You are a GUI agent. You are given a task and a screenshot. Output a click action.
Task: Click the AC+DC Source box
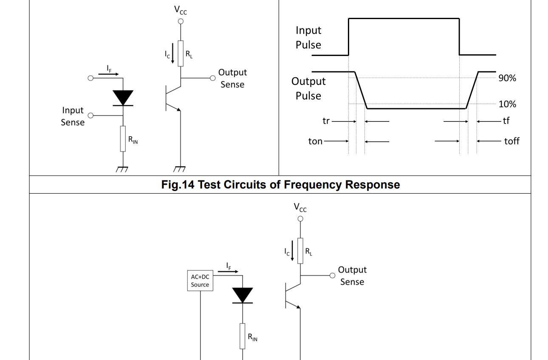[x=200, y=281]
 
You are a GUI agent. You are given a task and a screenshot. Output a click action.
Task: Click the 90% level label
[x=507, y=78]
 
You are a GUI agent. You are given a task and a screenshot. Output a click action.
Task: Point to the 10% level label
[x=507, y=104]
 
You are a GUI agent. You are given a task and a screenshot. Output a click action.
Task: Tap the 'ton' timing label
[x=315, y=141]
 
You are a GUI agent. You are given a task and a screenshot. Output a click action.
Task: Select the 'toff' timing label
[x=511, y=141]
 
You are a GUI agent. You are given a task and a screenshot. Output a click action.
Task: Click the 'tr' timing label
[x=326, y=121]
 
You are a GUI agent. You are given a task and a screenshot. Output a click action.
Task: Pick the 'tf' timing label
[x=506, y=121]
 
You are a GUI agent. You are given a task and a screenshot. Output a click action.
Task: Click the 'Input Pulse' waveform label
[x=308, y=37]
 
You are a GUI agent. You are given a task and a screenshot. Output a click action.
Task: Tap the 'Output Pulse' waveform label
[x=308, y=88]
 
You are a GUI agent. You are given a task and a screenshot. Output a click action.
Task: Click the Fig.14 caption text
[x=280, y=185]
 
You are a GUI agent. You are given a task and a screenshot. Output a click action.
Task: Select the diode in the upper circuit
[x=123, y=98]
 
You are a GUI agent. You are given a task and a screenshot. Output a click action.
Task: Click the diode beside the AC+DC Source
[x=243, y=295]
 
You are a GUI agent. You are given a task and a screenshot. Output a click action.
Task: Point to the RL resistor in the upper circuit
[x=181, y=53]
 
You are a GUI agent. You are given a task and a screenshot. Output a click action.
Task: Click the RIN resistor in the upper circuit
[x=123, y=138]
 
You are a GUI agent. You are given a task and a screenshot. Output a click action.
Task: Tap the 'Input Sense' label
[x=73, y=116]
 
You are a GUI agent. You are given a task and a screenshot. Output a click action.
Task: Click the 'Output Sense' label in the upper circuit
[x=232, y=79]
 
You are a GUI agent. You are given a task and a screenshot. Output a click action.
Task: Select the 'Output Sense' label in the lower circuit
[x=352, y=276]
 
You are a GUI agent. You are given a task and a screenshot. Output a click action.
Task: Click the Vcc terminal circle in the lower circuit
[x=300, y=219]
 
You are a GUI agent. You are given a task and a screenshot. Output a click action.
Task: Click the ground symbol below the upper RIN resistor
[x=123, y=169]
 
